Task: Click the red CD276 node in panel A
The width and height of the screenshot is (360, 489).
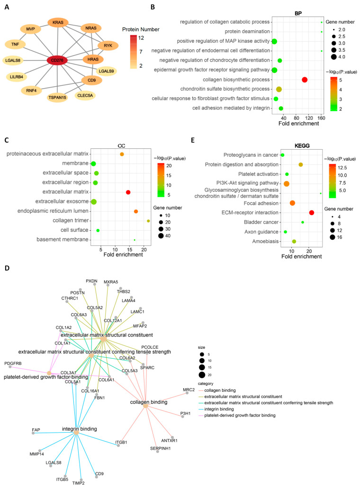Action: click(x=60, y=60)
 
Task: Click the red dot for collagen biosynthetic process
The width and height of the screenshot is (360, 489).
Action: click(x=305, y=80)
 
